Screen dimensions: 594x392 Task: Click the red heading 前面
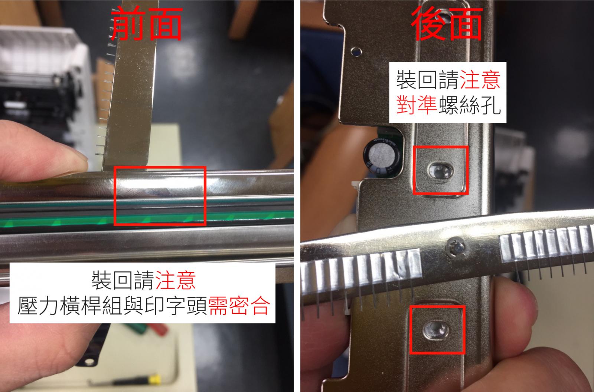pyautogui.click(x=146, y=24)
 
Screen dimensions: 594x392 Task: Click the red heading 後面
pyautogui.click(x=447, y=24)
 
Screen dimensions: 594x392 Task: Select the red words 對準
pyautogui.click(x=417, y=105)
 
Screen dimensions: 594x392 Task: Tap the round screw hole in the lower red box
pyautogui.click(x=436, y=330)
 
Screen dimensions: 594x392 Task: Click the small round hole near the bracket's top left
pyautogui.click(x=356, y=52)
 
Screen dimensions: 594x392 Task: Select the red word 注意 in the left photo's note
pyautogui.click(x=176, y=280)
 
